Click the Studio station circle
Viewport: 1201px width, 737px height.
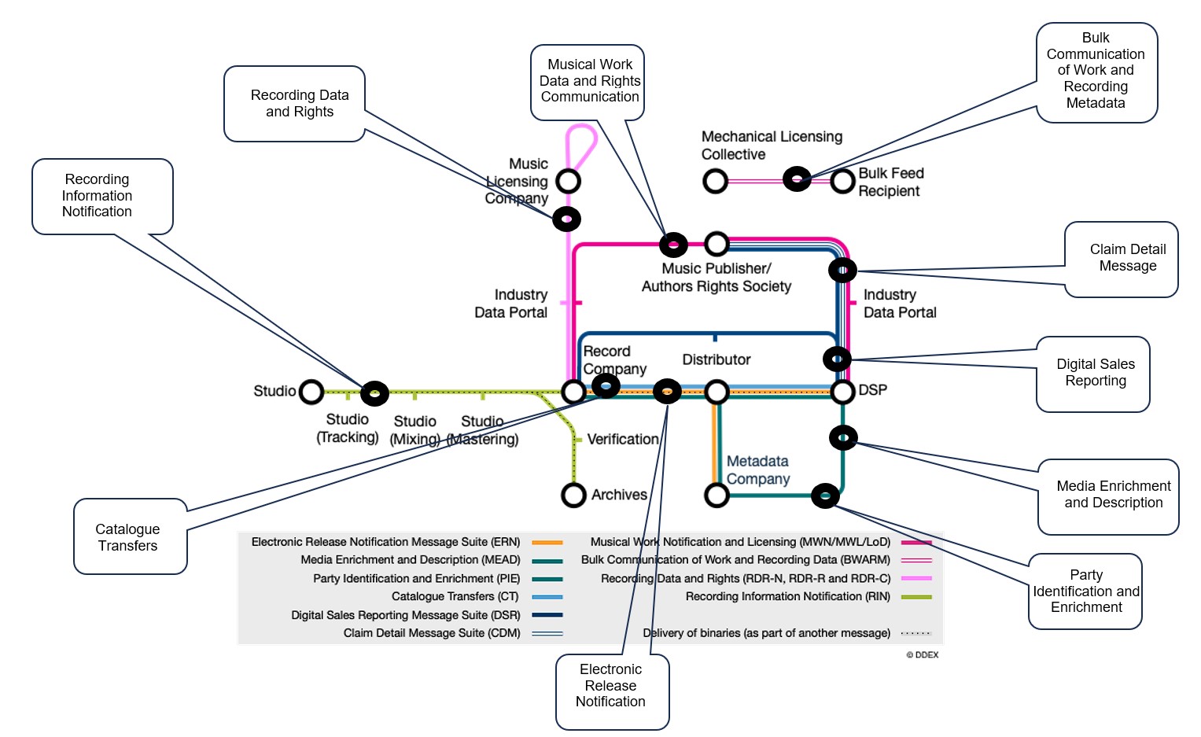(311, 391)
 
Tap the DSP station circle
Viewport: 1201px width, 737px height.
(842, 391)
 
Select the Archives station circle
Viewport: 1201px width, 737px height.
(573, 495)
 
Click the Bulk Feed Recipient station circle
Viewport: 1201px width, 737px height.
(842, 181)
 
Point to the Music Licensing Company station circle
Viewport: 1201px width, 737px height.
(568, 181)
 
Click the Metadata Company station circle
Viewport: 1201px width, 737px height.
(716, 495)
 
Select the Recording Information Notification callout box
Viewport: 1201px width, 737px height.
(102, 196)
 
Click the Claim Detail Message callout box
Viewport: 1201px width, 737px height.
(1121, 259)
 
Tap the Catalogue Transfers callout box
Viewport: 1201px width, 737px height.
(131, 536)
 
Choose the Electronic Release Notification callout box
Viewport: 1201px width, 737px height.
(612, 691)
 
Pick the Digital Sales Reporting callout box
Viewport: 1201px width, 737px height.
(1092, 374)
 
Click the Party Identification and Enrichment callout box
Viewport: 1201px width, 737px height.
(1085, 591)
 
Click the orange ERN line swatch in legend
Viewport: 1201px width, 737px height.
(547, 542)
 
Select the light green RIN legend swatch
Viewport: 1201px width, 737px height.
(915, 597)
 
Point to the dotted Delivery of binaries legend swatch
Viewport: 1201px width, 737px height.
(915, 633)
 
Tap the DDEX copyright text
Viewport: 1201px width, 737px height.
(922, 654)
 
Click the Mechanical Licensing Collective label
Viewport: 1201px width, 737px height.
(771, 146)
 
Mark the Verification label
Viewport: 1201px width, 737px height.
(622, 439)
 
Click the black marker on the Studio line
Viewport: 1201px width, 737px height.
(374, 392)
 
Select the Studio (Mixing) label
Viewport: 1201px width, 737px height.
(414, 430)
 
